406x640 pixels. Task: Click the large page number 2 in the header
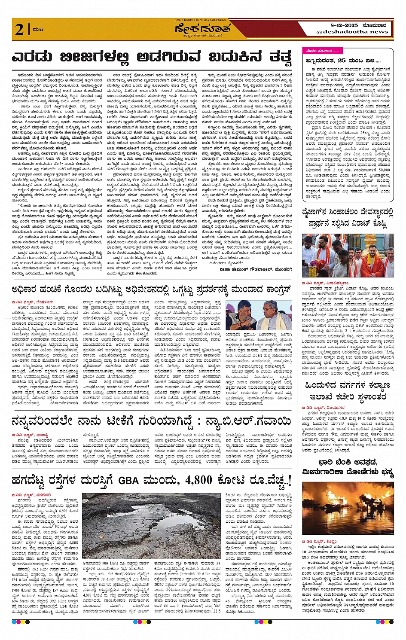(x=19, y=30)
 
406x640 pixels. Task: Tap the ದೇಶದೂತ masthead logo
(x=202, y=29)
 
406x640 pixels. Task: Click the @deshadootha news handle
(x=352, y=32)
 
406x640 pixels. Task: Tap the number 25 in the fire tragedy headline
(x=342, y=61)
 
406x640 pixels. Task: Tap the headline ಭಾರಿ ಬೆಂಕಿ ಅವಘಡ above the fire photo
(x=348, y=462)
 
